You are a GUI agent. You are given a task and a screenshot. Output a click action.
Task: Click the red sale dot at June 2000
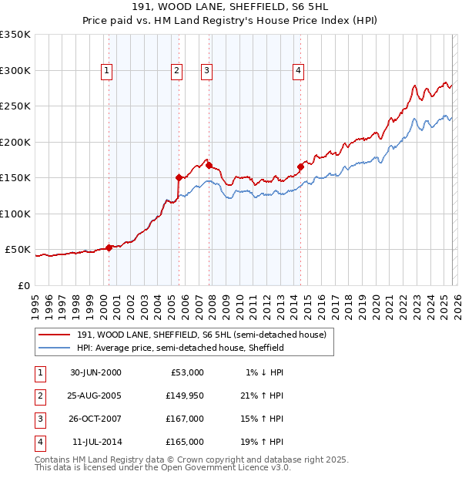point(109,247)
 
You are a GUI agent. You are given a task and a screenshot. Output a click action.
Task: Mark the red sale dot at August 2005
point(179,177)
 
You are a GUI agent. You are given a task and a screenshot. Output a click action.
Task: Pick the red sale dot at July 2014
point(300,166)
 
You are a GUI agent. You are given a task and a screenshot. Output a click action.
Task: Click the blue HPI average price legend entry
point(180,348)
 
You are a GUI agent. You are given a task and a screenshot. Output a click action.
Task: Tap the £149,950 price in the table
point(185,396)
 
